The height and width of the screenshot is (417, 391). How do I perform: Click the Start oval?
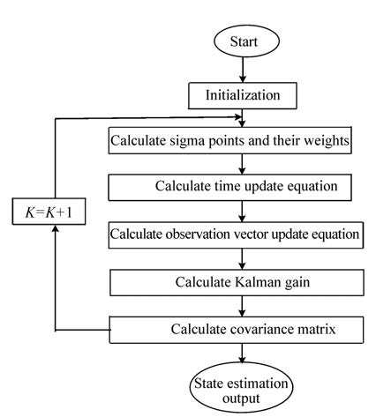pyautogui.click(x=246, y=41)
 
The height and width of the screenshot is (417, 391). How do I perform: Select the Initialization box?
pyautogui.click(x=243, y=96)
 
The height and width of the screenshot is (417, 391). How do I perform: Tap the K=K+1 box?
pyautogui.click(x=49, y=212)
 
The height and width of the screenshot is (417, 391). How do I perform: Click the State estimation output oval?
pyautogui.click(x=241, y=387)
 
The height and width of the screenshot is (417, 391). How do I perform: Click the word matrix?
pyautogui.click(x=317, y=329)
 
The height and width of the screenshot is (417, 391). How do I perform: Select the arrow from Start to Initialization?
pyautogui.click(x=243, y=70)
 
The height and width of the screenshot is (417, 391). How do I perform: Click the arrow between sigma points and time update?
pyautogui.click(x=242, y=164)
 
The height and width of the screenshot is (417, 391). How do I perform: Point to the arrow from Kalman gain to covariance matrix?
pyautogui.click(x=242, y=306)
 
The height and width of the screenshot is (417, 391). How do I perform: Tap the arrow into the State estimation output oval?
pyautogui.click(x=242, y=354)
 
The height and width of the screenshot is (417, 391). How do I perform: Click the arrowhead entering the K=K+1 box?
pyautogui.click(x=56, y=228)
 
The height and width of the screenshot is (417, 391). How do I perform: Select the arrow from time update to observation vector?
pyautogui.click(x=242, y=212)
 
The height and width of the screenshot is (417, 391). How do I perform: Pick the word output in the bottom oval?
pyautogui.click(x=241, y=398)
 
